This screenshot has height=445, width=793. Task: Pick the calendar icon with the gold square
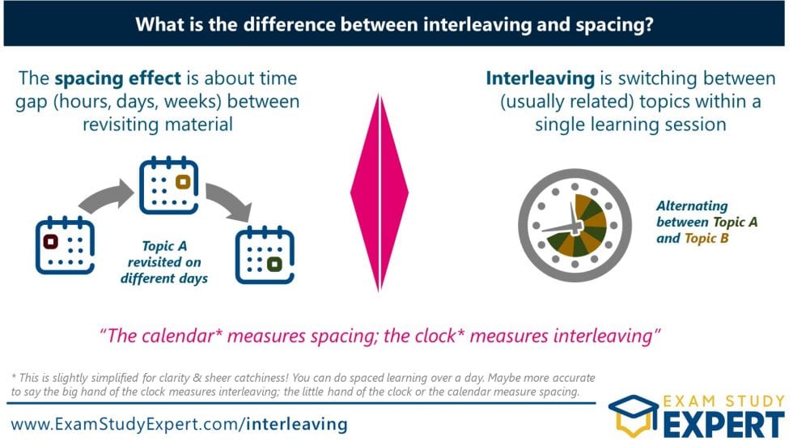coord(168,185)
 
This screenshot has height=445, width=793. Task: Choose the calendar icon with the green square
coord(264,255)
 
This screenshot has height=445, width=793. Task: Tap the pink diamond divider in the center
coord(379,192)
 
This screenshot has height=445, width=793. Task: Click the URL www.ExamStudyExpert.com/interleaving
coord(179,423)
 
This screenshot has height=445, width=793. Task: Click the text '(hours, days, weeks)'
coord(121,103)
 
